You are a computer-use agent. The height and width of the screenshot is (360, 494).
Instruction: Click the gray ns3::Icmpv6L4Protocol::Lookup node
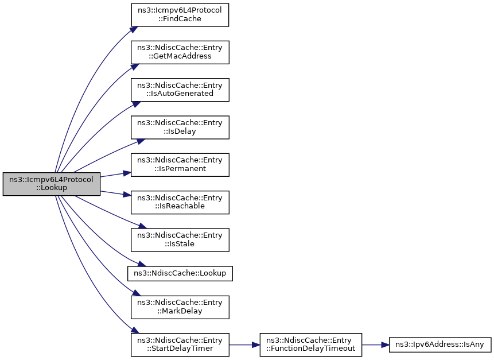52,184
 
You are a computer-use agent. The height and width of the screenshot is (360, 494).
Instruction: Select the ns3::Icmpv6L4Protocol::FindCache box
180,14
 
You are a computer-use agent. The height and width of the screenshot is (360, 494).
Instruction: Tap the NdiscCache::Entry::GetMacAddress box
180,52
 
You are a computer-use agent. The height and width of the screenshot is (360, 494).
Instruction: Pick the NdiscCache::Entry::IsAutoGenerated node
180,89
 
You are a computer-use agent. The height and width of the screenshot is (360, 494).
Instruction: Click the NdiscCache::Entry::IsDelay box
180,127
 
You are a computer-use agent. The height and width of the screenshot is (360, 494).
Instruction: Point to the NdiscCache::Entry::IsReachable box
180,202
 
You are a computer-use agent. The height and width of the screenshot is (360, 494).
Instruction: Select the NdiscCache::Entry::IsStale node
180,239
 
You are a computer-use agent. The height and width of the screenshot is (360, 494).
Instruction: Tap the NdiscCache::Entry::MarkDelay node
180,307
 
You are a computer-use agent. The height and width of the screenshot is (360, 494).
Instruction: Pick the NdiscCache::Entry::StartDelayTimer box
180,344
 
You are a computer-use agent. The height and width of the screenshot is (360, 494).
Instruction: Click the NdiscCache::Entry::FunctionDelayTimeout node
311,344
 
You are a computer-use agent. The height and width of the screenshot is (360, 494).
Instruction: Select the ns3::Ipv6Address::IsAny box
440,344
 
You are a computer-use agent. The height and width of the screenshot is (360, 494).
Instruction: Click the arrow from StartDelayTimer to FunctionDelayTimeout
244,344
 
